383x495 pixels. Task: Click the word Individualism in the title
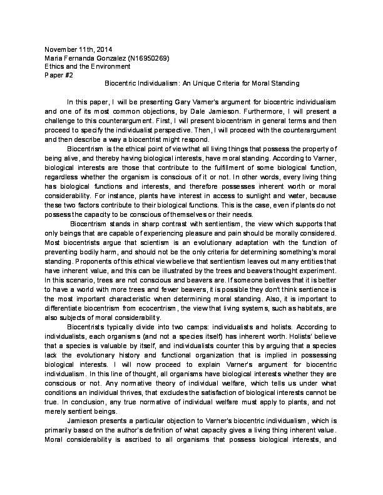tap(161, 82)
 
